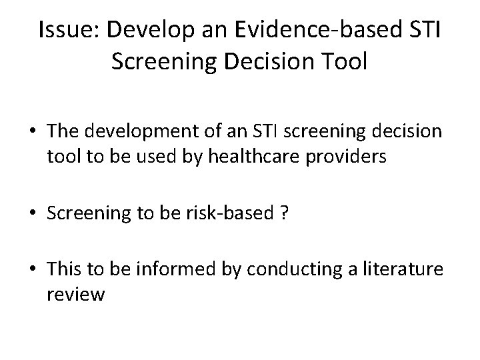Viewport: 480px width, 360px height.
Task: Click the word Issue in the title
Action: click(64, 30)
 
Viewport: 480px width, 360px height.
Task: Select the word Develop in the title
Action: click(137, 30)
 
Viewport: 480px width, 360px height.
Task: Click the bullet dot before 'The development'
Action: click(33, 131)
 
